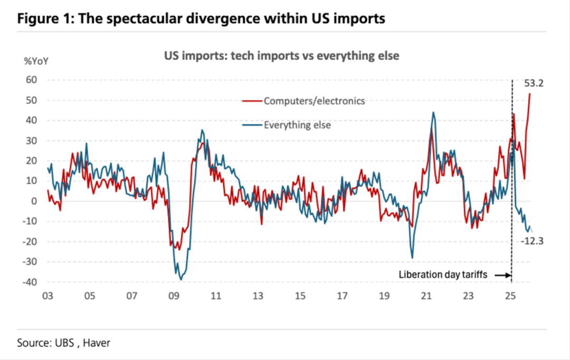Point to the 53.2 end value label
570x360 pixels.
point(534,83)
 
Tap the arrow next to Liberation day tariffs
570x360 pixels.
point(503,274)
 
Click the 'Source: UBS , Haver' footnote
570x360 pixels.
point(64,343)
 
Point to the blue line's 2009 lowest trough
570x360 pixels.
point(181,279)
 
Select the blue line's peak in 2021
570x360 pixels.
point(433,112)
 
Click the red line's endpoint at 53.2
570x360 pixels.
point(530,93)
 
